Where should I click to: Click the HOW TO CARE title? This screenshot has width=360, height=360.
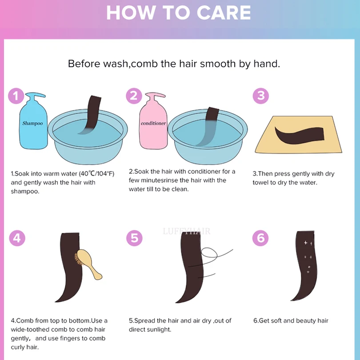(x=178, y=12)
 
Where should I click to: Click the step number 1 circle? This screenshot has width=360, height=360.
(x=16, y=96)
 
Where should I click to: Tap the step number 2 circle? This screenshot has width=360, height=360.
(x=134, y=96)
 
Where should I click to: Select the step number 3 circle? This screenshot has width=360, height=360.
(x=261, y=96)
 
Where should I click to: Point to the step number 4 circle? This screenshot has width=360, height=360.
(x=17, y=238)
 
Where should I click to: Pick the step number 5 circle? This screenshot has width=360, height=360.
(x=134, y=238)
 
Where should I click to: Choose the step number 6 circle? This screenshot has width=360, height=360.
(x=260, y=238)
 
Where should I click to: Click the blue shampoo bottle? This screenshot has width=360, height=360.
(x=33, y=124)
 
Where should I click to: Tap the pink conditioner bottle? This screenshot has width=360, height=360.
(x=153, y=124)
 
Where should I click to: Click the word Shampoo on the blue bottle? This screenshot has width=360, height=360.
(x=32, y=124)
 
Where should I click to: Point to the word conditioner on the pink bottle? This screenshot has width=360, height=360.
(x=153, y=124)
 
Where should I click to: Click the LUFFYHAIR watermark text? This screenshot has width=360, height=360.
(x=186, y=231)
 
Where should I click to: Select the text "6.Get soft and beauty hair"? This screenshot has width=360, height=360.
(x=291, y=320)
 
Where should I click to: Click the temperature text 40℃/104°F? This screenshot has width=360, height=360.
(x=96, y=174)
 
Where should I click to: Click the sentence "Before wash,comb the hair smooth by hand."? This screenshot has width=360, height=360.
(x=174, y=64)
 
